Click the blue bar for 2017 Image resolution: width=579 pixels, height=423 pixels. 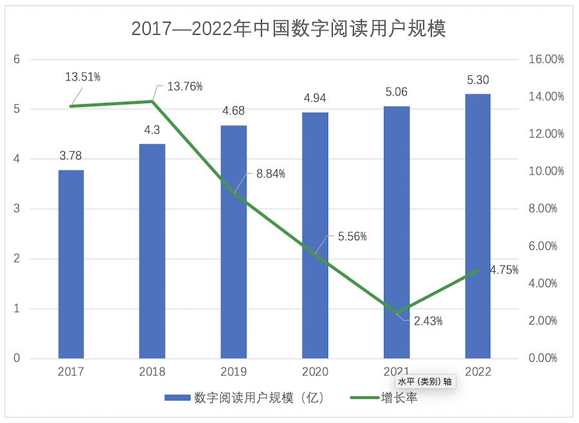point(71,264)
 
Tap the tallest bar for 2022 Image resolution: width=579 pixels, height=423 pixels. point(477,225)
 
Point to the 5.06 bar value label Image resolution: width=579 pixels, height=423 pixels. point(396,91)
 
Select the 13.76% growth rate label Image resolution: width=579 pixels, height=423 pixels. point(185,86)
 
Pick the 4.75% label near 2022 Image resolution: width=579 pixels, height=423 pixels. point(504,270)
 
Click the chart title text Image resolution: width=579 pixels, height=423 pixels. point(289,29)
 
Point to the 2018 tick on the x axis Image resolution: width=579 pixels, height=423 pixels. point(152,371)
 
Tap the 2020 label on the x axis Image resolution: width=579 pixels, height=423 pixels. point(315,371)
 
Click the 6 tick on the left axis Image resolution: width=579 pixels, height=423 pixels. point(17,59)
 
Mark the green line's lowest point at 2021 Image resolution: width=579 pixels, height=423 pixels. point(396,313)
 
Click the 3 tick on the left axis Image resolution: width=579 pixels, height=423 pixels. point(17,209)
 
